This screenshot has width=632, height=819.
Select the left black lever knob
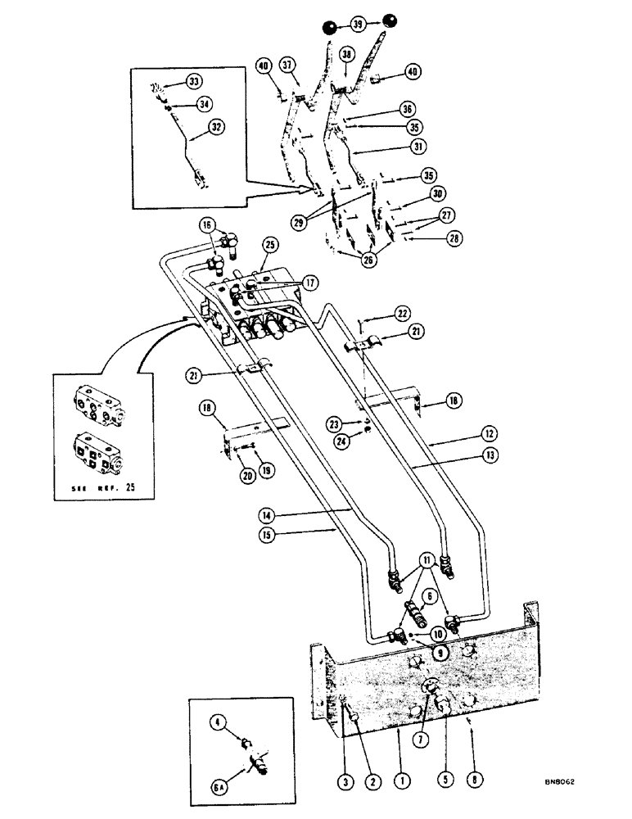(x=328, y=29)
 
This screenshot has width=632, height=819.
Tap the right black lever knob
(x=388, y=20)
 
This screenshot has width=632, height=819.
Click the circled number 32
(x=193, y=127)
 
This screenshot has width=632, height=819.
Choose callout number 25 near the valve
(x=271, y=244)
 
